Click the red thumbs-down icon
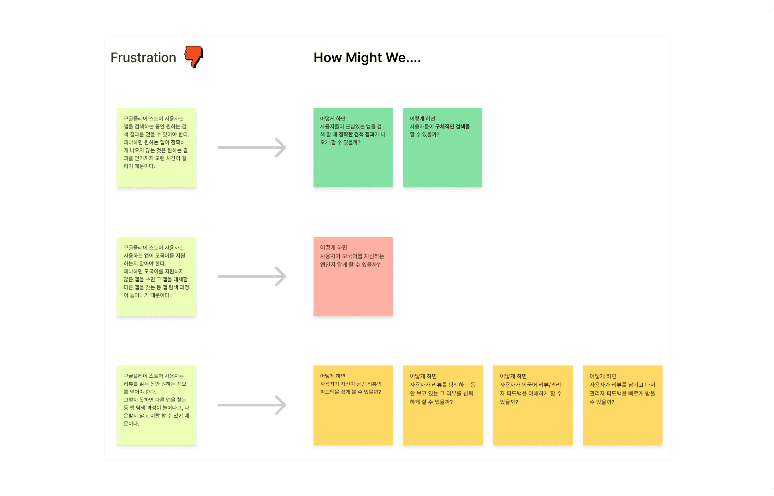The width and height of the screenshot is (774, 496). click(194, 57)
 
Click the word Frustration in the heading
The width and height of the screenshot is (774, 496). click(143, 58)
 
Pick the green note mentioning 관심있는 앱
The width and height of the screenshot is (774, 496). click(353, 161)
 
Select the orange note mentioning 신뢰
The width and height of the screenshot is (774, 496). click(443, 419)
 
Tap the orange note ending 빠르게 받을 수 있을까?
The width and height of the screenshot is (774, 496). click(622, 419)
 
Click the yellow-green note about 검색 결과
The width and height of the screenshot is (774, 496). click(156, 148)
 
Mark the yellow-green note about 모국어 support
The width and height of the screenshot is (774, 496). click(156, 276)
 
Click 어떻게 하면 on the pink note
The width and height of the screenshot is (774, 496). click(333, 247)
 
